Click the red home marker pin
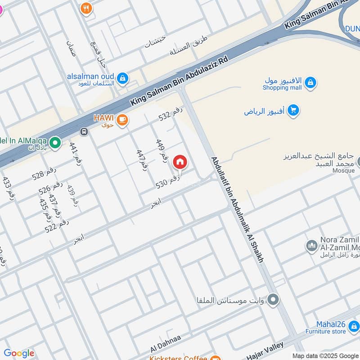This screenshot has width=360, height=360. point(180,162)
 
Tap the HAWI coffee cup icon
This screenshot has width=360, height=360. point(122,120)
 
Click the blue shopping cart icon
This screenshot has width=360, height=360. point(293,110)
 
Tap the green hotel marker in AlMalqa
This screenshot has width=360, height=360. point(55,144)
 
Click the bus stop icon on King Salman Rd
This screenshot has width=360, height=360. point(83,132)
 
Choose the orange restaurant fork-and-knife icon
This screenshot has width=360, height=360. point(86,8)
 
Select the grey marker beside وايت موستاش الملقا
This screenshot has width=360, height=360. point(273,300)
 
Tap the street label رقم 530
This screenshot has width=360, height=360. point(168,182)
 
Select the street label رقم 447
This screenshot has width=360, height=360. point(142,158)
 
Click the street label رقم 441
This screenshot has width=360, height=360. point(76,155)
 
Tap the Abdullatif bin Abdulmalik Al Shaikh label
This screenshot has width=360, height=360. point(237,209)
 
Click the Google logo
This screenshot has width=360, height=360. point(19,354)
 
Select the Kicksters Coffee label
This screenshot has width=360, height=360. point(179,358)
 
